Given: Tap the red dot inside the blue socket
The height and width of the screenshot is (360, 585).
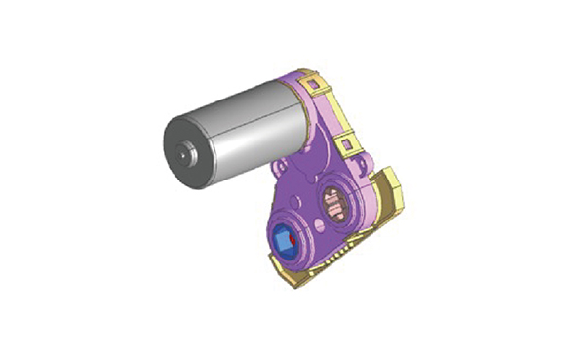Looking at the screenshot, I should (x=292, y=237).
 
